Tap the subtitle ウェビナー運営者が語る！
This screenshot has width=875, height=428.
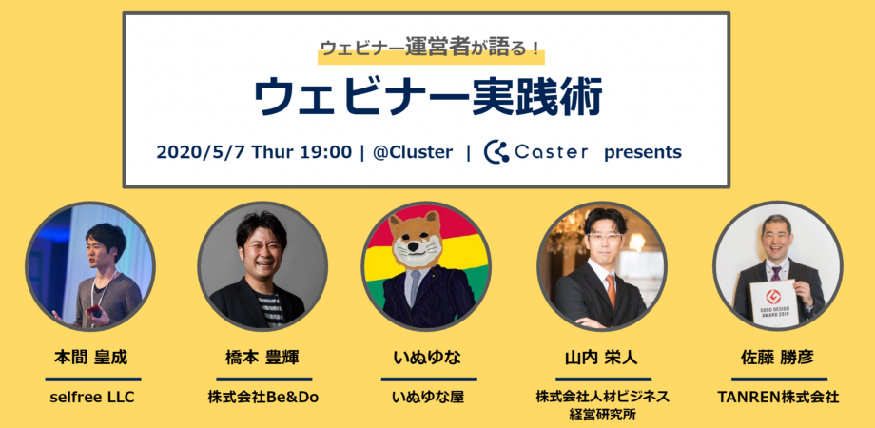coord(430,49)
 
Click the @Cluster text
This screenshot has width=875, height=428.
coord(413,152)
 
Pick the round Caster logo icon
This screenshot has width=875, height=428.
coord(496,152)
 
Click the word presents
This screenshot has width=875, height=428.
coord(643,153)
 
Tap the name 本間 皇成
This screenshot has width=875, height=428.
coord(90,357)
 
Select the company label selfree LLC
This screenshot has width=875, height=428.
coord(92,398)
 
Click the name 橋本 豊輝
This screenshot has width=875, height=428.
coord(262,357)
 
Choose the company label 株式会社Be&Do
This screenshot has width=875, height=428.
coord(262,398)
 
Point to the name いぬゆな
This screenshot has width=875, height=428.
coord(427,357)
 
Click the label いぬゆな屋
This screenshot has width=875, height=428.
coord(428,398)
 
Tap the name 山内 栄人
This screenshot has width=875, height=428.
coord(601,357)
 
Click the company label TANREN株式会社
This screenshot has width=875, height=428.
coord(778,398)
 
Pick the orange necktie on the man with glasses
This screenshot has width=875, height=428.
coord(611,290)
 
